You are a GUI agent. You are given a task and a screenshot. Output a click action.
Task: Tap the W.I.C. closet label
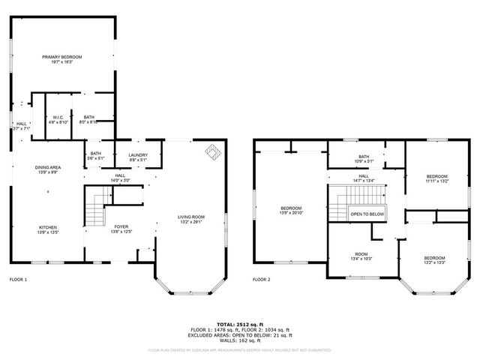pyautogui.click(x=59, y=119)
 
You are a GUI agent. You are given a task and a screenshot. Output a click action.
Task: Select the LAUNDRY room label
pyautogui.click(x=137, y=157)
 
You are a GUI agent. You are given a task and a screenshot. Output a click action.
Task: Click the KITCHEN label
pyautogui.click(x=47, y=229)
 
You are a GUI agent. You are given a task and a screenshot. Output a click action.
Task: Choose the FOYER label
pyautogui.click(x=121, y=229)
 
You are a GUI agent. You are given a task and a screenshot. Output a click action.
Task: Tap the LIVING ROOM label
pyautogui.click(x=191, y=219)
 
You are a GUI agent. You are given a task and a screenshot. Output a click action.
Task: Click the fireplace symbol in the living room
pyautogui.click(x=214, y=153)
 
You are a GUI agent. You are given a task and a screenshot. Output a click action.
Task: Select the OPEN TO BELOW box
pyautogui.click(x=367, y=214)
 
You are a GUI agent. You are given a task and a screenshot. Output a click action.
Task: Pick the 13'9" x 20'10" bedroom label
pyautogui.click(x=291, y=210)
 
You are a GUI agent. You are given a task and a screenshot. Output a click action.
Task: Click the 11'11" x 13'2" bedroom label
pyautogui.click(x=436, y=178)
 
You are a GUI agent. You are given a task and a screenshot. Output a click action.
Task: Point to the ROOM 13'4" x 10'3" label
pyautogui.click(x=361, y=256)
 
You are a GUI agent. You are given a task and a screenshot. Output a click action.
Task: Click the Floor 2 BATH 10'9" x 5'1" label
pyautogui.click(x=364, y=159)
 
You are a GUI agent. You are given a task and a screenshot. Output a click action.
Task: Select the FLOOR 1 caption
pyautogui.click(x=18, y=280)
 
